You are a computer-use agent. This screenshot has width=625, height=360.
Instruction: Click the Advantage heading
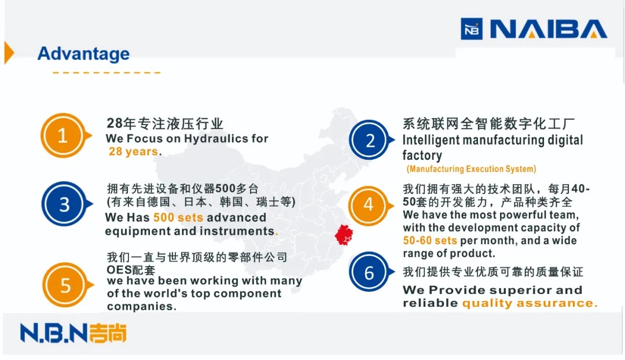coord(84,54)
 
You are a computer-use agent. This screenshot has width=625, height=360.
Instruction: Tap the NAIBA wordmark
coord(549,29)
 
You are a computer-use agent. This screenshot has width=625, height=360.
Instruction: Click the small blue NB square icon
coord(472,29)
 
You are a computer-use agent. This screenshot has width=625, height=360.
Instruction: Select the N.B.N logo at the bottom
coord(73,333)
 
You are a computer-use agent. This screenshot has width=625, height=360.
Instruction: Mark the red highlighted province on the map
coord(344,235)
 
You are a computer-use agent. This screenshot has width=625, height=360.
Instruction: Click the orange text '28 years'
coord(133,152)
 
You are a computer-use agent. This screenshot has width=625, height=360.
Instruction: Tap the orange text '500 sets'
coord(178,218)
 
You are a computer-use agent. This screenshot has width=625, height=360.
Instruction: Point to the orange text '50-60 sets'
coord(429,241)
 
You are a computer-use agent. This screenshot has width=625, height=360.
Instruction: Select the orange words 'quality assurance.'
coord(530,303)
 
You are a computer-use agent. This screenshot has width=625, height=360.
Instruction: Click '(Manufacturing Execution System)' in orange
coord(471,169)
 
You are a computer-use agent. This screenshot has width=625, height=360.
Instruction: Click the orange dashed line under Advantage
coord(106,72)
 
